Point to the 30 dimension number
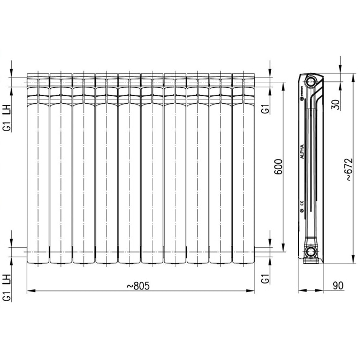point(335,104)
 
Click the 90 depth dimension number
point(337,286)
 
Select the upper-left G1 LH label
point(7,119)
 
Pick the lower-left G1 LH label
point(7,287)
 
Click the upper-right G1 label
point(264,109)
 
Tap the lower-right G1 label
point(264,278)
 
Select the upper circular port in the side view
point(311,82)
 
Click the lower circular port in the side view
point(311,252)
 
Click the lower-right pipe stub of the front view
point(262,248)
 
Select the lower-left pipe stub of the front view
point(21,248)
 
